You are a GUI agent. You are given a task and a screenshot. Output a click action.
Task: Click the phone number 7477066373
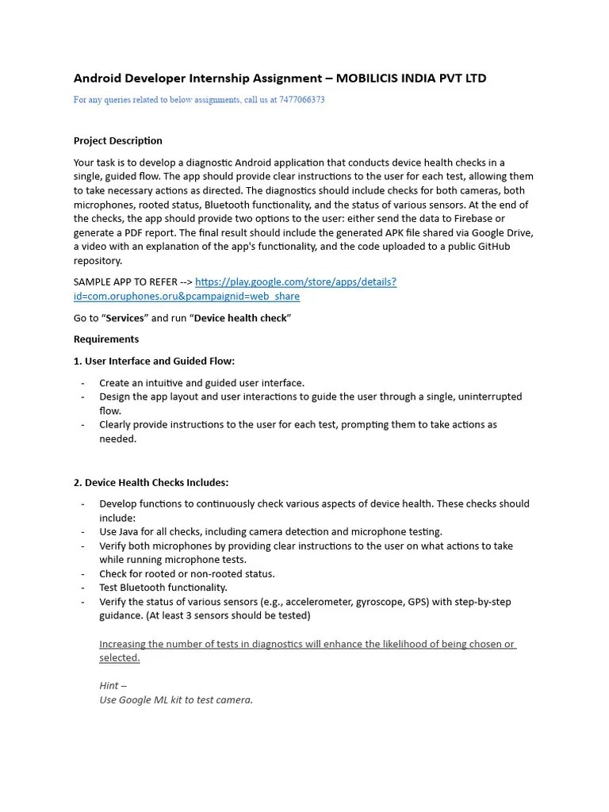(301, 100)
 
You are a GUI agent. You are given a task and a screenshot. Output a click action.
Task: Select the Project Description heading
(118, 141)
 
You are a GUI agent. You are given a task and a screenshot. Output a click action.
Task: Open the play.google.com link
(295, 282)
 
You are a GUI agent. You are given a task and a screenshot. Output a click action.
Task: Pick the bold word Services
(124, 318)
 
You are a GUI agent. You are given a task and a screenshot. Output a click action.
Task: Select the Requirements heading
(106, 339)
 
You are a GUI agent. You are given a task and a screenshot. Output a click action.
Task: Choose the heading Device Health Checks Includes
(151, 482)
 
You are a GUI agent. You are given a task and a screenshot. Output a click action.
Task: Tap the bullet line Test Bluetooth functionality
(163, 588)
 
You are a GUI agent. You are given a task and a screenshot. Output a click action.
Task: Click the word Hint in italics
(109, 686)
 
